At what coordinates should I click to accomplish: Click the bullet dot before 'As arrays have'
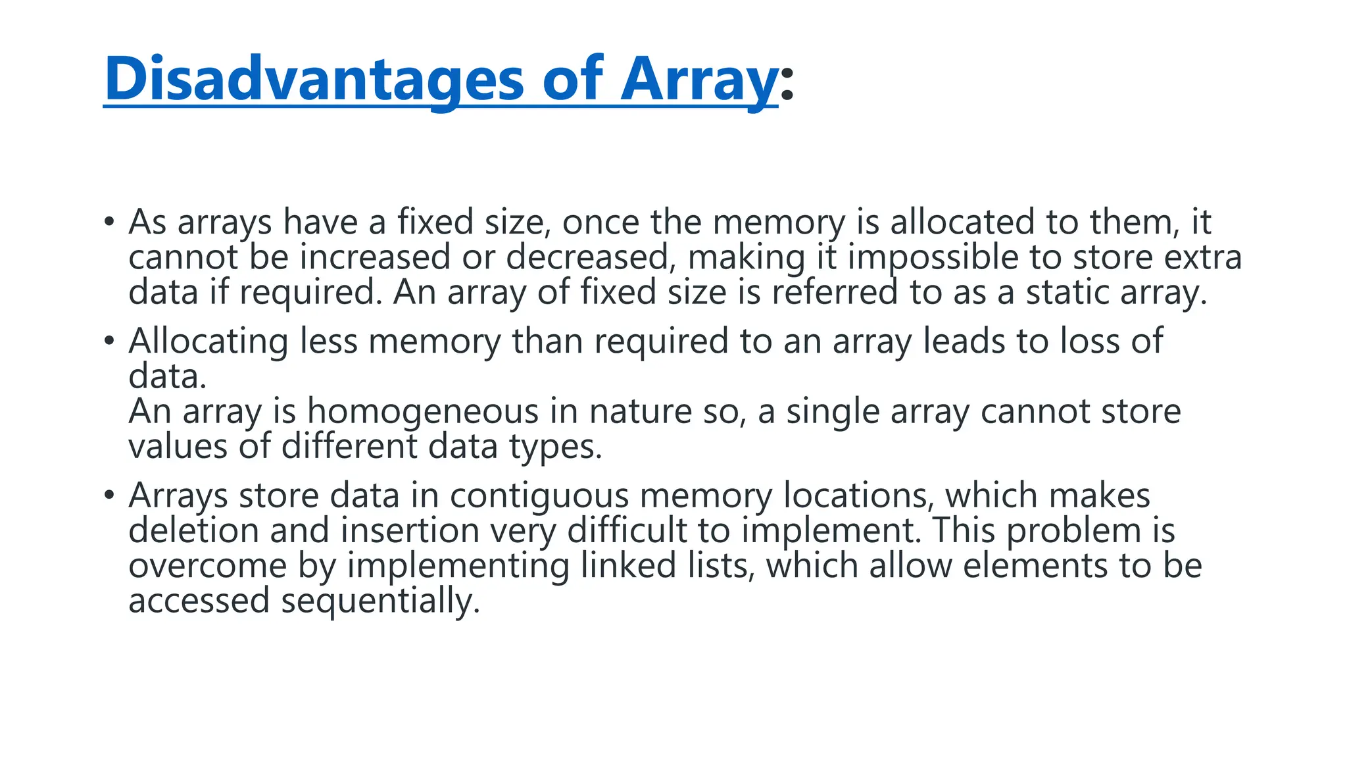[x=109, y=221]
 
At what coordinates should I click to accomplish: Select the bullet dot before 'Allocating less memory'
[x=109, y=341]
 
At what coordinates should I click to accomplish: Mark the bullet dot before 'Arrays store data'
[x=109, y=495]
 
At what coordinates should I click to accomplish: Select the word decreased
[x=587, y=257]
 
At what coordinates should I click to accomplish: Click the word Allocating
[x=208, y=341]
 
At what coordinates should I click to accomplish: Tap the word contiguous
[x=539, y=496]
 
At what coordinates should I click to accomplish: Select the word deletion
[x=193, y=530]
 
